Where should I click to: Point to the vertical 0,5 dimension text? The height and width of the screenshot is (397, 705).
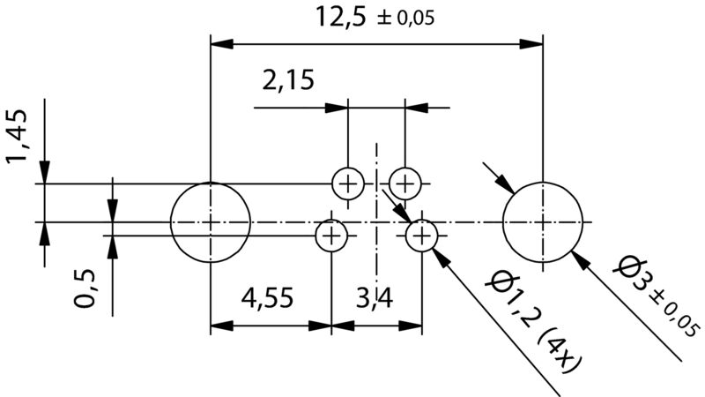pos(85,288)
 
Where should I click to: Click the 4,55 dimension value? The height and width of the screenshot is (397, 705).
pos(270,300)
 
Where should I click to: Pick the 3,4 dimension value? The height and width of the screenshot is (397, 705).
pos(375,300)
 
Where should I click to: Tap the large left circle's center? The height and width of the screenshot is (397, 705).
pos(211,221)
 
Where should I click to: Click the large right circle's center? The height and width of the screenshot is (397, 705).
pos(543,221)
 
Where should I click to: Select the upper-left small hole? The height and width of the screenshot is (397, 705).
pos(348,184)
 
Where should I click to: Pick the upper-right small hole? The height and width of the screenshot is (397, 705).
pos(404,184)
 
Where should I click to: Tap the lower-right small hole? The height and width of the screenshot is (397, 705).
pos(422,236)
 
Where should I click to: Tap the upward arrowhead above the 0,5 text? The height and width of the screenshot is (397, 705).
pos(112,247)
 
